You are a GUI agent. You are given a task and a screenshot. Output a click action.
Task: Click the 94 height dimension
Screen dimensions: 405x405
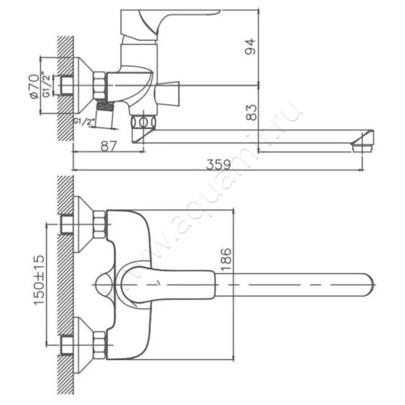250,47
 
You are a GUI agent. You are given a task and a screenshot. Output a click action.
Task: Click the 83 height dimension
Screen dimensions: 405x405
251,112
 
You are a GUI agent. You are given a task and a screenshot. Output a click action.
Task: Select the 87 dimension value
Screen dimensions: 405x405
109,146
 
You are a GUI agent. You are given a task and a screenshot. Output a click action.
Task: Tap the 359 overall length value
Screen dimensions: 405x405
218,165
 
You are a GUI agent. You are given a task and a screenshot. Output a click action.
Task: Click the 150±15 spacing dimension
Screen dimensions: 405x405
39,280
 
